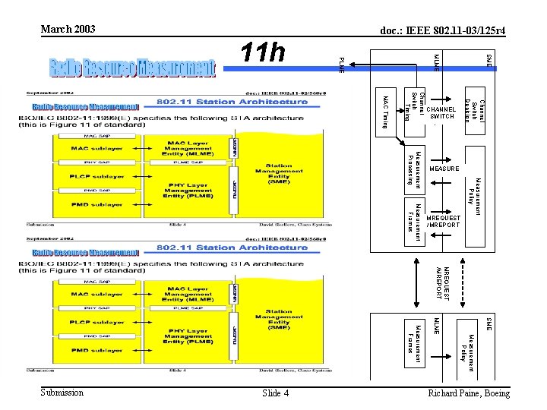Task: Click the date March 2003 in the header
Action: pos(68,29)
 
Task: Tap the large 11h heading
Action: pos(263,54)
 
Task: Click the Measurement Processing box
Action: pos(414,166)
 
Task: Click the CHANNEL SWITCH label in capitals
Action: pos(441,112)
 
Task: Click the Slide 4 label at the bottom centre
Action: pos(275,393)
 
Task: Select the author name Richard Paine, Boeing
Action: pos(469,393)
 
